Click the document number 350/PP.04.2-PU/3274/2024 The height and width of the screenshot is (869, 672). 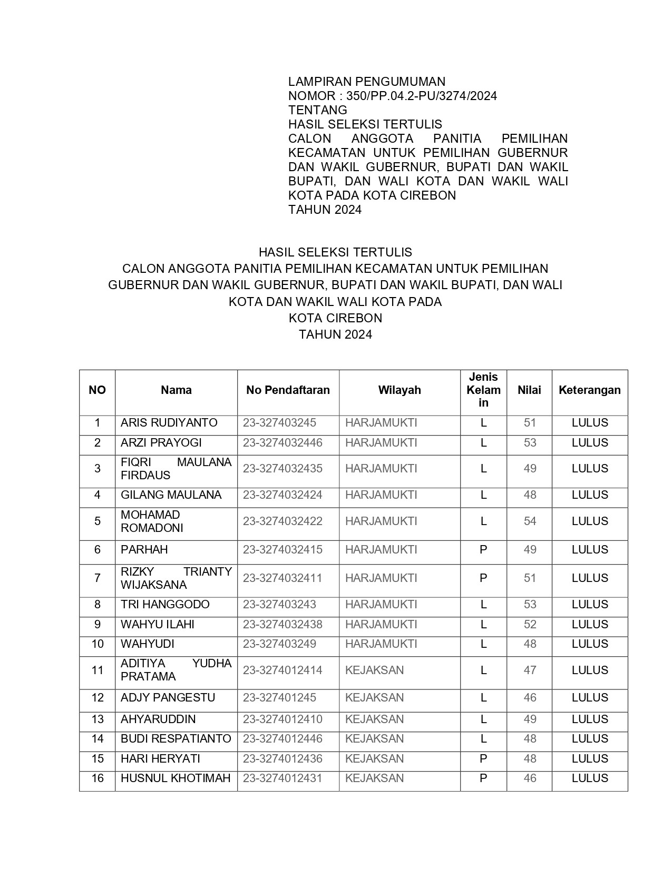pos(422,96)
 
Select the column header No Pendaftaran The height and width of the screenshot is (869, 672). pos(288,390)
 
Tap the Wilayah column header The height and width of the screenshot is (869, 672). pos(400,390)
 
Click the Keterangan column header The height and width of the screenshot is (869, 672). pos(589,390)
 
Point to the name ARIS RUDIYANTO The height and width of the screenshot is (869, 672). pos(169,423)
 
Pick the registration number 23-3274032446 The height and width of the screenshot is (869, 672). pos(283,443)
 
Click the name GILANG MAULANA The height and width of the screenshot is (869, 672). pos(171,495)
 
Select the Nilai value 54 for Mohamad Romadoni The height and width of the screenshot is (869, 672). pos(530,521)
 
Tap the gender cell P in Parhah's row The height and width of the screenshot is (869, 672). pos(483,550)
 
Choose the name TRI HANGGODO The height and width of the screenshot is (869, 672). pos(165,605)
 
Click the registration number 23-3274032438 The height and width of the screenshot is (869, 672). pos(283,625)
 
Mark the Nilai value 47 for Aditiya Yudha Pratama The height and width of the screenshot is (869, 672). pos(530,670)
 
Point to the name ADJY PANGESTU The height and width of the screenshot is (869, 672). pos(168,698)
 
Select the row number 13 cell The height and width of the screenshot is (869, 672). pos(98,719)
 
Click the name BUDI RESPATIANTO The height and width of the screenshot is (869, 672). pos(176,739)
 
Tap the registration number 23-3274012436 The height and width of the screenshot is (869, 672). pos(283,759)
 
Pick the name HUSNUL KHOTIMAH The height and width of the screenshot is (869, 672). pos(176,778)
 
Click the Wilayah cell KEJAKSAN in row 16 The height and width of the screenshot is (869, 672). pos(374,778)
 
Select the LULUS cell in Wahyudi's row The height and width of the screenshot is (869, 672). pos(590,644)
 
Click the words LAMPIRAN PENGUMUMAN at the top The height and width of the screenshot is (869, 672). pos(366,82)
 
